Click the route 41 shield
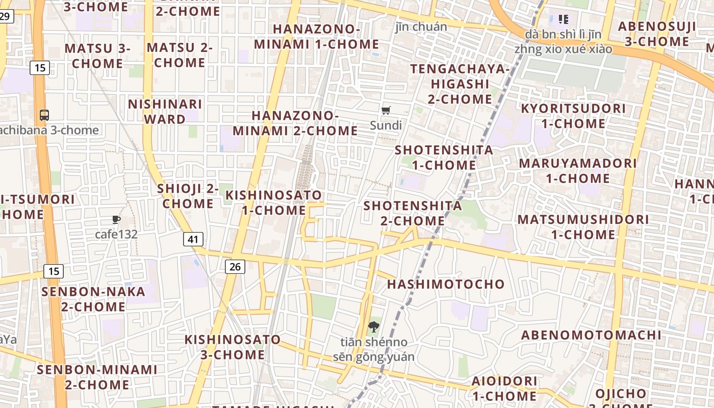tap(193, 239)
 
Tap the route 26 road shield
tap(235, 266)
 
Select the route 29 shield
tap(5, 16)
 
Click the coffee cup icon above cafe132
tap(116, 220)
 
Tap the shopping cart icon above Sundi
tap(386, 110)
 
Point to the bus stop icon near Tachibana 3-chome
tap(44, 115)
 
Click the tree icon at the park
tap(374, 327)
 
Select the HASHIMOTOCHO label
tap(446, 284)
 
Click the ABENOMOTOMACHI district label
tap(591, 335)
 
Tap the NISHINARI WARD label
tap(165, 112)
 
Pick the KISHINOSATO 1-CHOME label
tap(274, 202)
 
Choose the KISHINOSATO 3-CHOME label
tap(233, 347)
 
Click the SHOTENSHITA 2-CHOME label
tap(413, 213)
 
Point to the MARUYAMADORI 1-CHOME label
tap(578, 171)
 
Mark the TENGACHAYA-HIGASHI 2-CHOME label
tap(460, 84)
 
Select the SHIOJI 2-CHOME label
tap(188, 196)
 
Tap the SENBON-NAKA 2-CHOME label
tap(93, 299)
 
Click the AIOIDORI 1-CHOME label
tap(504, 388)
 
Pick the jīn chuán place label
tap(421, 27)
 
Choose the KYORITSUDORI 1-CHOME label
tap(573, 116)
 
